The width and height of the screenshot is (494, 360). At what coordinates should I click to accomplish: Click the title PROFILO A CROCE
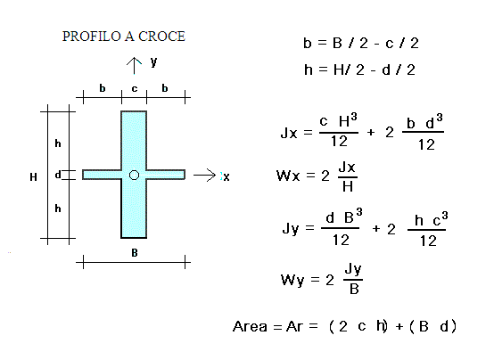(x=123, y=37)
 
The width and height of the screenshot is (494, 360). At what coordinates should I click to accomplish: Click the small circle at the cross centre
(x=135, y=175)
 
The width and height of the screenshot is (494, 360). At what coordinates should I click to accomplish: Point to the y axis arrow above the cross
(x=135, y=66)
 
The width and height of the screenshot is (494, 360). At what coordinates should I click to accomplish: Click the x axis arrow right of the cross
(x=204, y=176)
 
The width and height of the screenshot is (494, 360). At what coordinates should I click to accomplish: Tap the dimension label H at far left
(x=33, y=177)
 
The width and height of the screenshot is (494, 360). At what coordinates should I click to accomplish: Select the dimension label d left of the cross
(x=58, y=175)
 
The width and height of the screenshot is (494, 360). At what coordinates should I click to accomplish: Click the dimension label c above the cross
(x=135, y=89)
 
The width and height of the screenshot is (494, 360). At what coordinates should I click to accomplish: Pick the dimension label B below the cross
(x=135, y=252)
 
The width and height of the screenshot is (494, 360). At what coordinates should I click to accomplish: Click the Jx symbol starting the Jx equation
(x=289, y=133)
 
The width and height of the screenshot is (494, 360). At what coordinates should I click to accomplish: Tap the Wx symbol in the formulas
(x=288, y=176)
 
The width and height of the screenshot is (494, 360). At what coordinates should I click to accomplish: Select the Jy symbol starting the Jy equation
(x=290, y=228)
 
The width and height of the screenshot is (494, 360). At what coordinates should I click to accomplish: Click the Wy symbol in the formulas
(x=292, y=280)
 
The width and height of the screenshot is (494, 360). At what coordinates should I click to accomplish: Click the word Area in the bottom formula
(x=251, y=326)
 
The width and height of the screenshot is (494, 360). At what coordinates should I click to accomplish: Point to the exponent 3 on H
(x=354, y=117)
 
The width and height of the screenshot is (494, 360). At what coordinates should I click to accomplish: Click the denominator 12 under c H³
(x=339, y=141)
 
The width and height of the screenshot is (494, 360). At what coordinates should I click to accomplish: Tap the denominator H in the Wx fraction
(x=348, y=187)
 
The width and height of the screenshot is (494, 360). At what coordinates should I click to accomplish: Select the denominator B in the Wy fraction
(x=354, y=289)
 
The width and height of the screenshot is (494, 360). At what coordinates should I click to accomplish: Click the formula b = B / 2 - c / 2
(x=361, y=43)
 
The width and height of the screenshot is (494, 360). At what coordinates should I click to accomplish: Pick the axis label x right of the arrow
(x=226, y=177)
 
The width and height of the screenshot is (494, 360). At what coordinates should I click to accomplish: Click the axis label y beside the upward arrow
(x=153, y=62)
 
